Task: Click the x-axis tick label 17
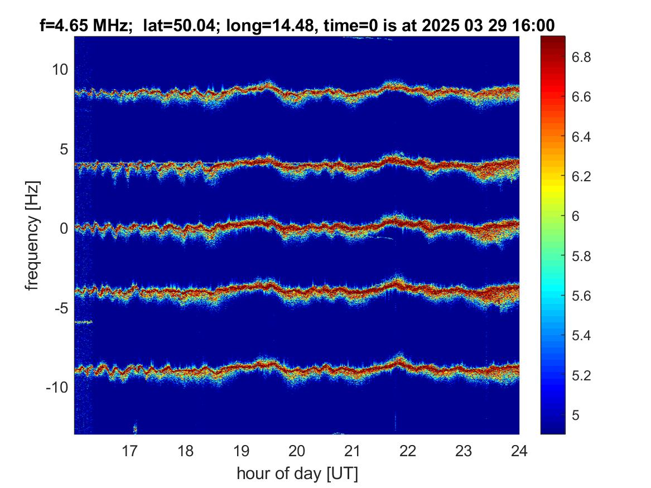tap(129, 451)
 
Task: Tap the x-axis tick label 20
tap(297, 451)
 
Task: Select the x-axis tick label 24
tap(519, 451)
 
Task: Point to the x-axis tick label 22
tap(408, 451)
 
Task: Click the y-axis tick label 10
tap(60, 69)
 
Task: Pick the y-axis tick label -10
tap(57, 388)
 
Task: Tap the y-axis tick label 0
tap(64, 228)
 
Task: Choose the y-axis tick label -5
tap(61, 308)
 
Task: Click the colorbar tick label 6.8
tap(581, 57)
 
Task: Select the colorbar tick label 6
tap(576, 216)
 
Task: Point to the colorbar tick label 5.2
tap(581, 375)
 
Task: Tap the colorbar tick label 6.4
tap(581, 137)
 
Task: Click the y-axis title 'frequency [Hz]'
tap(32, 235)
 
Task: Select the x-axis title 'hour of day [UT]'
tap(297, 473)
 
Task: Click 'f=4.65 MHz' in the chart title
tap(83, 26)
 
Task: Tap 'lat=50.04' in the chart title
tap(177, 26)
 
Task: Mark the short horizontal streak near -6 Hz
tap(84, 322)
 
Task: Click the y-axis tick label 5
tap(64, 149)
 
